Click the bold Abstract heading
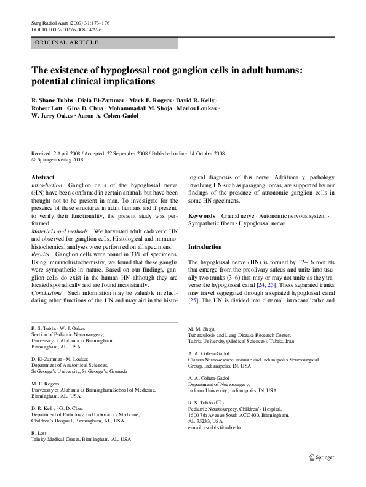click(x=42, y=177)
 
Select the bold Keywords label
click(x=201, y=217)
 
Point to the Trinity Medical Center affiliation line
click(x=81, y=422)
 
